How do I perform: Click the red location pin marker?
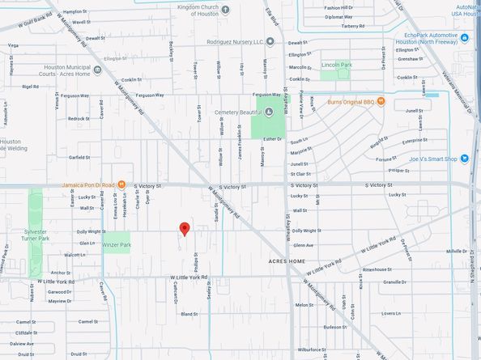[x=184, y=229]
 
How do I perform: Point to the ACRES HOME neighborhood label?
[x=287, y=262]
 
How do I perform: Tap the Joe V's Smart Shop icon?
[x=464, y=159]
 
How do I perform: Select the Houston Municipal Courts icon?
[x=98, y=69]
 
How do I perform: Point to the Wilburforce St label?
[x=312, y=349]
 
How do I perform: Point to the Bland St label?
[x=189, y=313]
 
